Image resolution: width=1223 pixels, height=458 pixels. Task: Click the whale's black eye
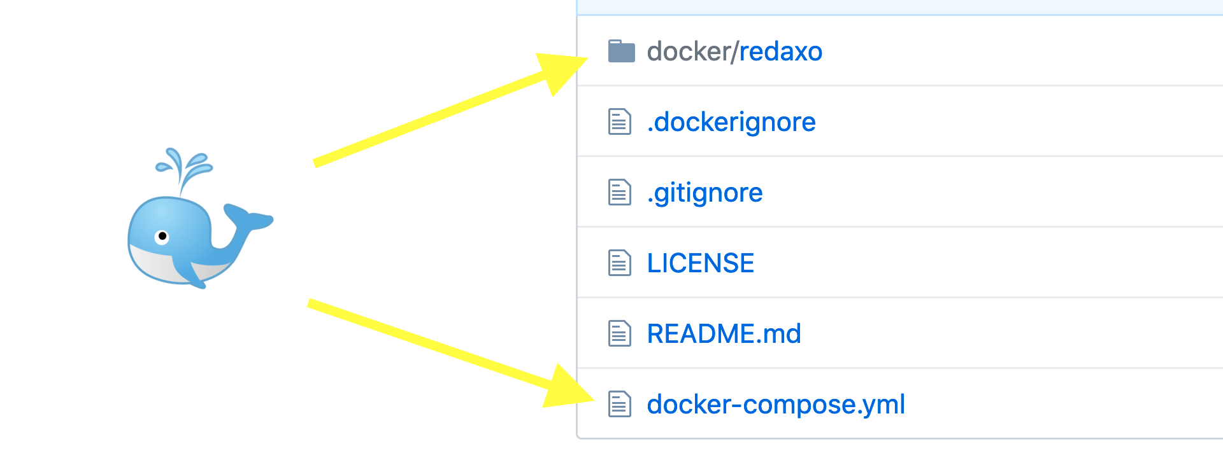click(x=162, y=237)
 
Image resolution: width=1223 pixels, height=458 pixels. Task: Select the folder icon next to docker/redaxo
click(x=621, y=52)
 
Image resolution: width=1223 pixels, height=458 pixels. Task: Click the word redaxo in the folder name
click(x=780, y=52)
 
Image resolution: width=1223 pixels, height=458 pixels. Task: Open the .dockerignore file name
click(x=731, y=122)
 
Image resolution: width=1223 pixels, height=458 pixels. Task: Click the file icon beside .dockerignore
click(x=619, y=122)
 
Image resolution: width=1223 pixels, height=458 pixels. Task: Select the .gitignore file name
click(x=704, y=193)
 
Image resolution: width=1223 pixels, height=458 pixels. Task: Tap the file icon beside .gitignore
click(x=619, y=193)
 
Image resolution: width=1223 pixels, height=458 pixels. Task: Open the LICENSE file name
click(x=700, y=263)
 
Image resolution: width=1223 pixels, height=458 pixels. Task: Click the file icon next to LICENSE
click(x=619, y=263)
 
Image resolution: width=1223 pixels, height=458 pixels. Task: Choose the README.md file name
click(x=724, y=334)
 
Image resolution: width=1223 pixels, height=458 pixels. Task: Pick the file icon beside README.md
click(x=619, y=334)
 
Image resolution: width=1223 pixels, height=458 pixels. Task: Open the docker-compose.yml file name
click(x=775, y=405)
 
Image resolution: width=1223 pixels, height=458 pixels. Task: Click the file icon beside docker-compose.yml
click(x=619, y=405)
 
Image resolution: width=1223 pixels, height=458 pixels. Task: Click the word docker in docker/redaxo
click(x=688, y=52)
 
